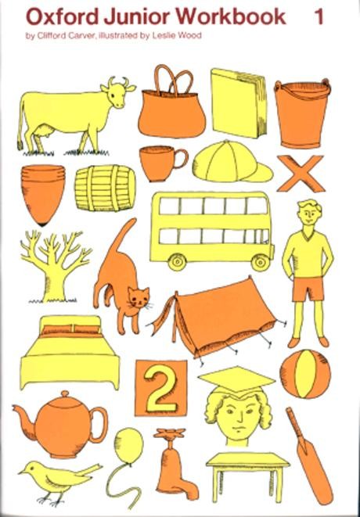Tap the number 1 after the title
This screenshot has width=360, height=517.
(319, 16)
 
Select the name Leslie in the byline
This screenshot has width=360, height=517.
(164, 36)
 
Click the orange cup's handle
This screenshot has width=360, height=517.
(181, 158)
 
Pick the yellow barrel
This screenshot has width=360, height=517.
(105, 188)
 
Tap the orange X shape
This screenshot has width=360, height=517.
(301, 174)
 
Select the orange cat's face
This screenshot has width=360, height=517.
(139, 297)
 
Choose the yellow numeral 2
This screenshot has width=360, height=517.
(160, 388)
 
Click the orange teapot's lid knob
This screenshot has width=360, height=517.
(65, 394)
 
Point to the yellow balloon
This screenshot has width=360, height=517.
(128, 444)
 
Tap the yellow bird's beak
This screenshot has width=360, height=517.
(21, 472)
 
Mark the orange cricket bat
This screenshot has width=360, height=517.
(309, 456)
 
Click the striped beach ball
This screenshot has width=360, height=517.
(305, 374)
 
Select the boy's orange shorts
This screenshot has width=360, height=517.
(308, 289)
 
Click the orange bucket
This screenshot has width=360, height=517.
(301, 113)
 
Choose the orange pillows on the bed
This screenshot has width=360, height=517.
(71, 329)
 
